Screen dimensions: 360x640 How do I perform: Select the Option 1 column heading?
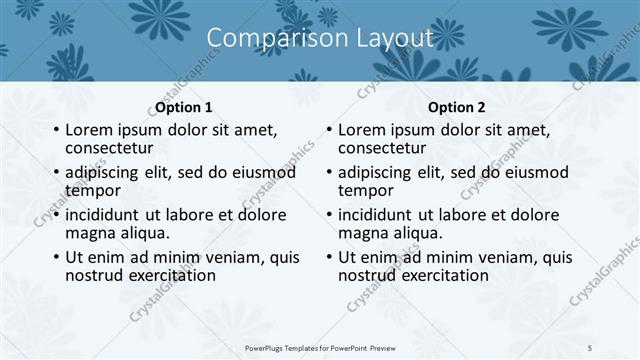(x=184, y=107)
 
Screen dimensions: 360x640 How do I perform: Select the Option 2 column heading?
(x=457, y=107)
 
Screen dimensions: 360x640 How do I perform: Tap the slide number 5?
(x=590, y=347)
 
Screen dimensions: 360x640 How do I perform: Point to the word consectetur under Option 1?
(x=113, y=148)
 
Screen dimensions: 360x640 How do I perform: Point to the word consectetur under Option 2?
(x=386, y=148)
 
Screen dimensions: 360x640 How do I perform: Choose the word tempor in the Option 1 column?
(x=92, y=190)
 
